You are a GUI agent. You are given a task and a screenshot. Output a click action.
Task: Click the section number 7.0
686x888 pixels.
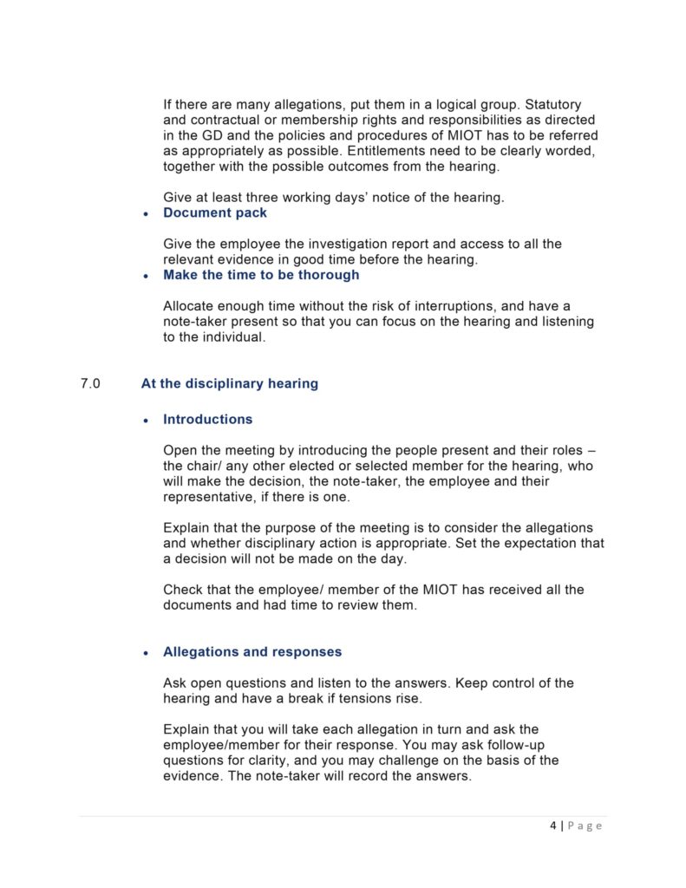tap(90, 383)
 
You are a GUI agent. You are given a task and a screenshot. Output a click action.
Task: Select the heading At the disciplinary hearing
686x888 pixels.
tap(229, 383)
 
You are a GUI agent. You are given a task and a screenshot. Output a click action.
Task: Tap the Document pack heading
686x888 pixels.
tap(215, 212)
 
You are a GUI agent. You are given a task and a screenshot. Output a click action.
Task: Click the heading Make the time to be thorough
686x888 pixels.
tap(261, 275)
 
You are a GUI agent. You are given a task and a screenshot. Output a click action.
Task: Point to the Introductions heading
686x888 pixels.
tap(208, 419)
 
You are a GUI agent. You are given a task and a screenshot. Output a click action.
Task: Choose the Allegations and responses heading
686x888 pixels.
tap(252, 651)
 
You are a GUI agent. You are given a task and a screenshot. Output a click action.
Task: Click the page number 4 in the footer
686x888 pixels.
tap(553, 826)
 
